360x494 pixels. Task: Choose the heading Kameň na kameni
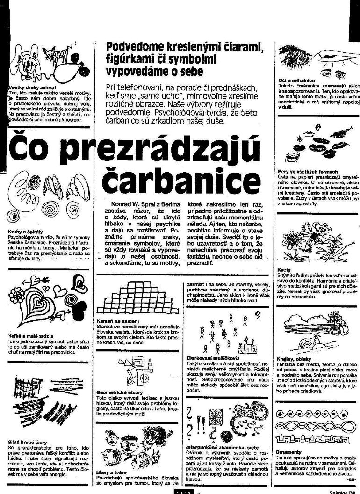point(115,321)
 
